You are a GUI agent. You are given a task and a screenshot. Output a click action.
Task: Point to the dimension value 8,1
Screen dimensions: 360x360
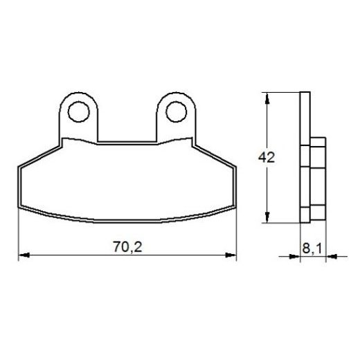(309, 245)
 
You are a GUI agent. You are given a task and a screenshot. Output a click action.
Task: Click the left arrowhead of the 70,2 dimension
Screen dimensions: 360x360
(22, 255)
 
